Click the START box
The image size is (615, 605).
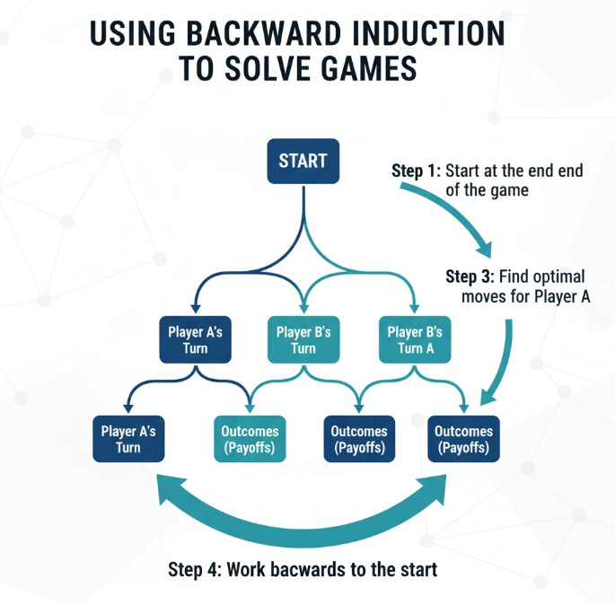tap(303, 162)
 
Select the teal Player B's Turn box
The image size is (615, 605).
tap(303, 340)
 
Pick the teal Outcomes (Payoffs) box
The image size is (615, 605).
tap(250, 439)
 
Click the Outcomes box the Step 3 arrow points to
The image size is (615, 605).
tap(461, 439)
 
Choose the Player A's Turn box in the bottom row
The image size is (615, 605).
tap(128, 439)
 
